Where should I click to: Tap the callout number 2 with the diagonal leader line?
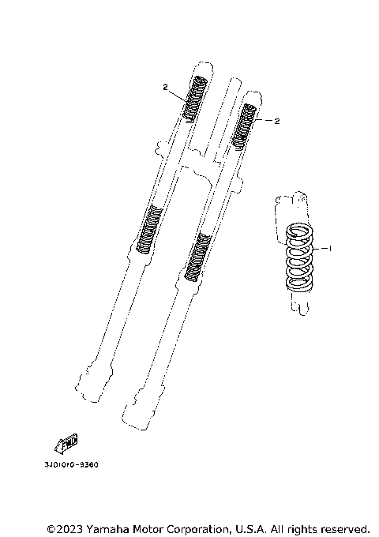click(165, 87)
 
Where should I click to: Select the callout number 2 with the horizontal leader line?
click(277, 121)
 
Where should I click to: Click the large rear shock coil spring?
click(299, 257)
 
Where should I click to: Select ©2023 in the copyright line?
click(66, 528)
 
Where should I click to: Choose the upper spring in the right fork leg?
click(248, 126)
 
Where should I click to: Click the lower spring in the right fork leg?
click(197, 257)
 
